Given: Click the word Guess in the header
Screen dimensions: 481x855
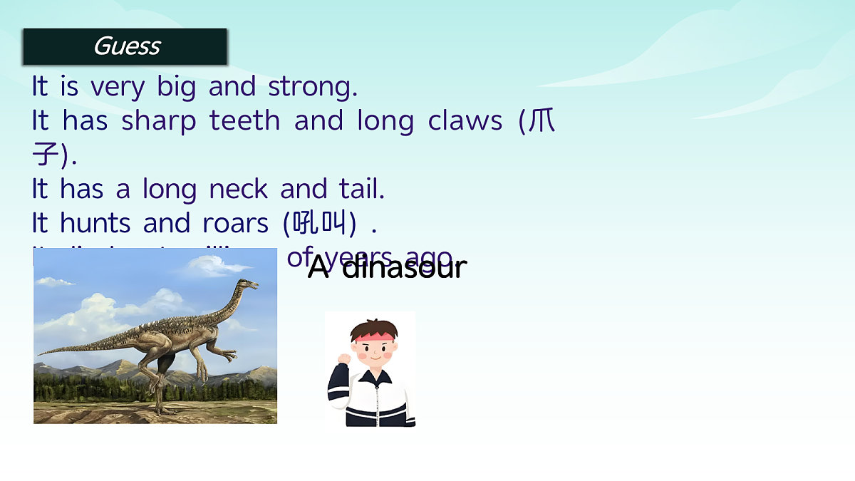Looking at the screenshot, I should (x=126, y=46).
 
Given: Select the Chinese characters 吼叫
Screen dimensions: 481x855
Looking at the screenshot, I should (x=318, y=224).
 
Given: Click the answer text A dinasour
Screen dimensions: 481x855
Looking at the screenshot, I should (x=387, y=268).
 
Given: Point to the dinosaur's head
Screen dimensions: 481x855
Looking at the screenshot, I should (x=247, y=286).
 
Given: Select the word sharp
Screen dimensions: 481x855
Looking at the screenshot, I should (x=158, y=121).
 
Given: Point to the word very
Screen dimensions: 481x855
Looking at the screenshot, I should (x=117, y=87).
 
